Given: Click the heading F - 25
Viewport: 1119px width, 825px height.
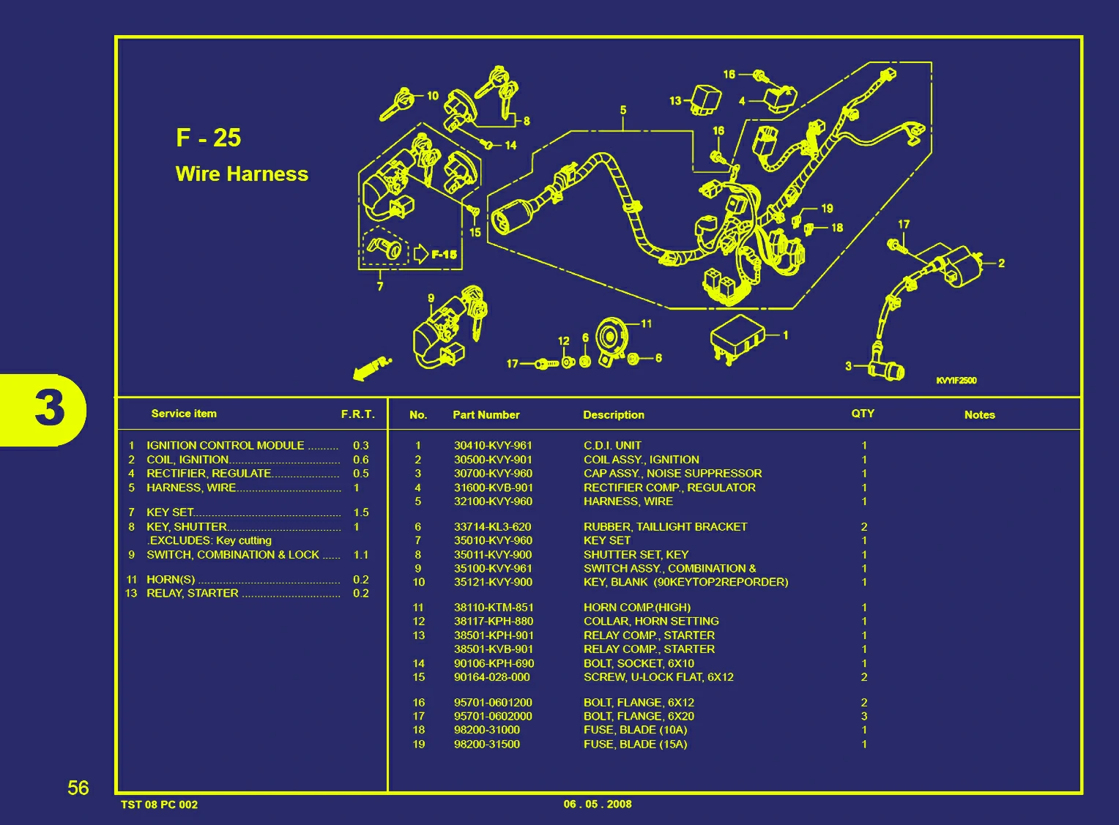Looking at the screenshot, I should point(208,138).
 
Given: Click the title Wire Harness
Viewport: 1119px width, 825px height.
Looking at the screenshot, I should point(242,174).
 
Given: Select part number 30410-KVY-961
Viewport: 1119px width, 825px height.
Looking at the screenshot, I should point(493,445).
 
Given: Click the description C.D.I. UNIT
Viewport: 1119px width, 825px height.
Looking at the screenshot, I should point(612,445).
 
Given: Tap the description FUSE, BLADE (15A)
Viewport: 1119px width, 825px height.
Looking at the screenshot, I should point(635,744).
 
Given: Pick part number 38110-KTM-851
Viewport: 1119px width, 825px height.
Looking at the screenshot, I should point(494,607).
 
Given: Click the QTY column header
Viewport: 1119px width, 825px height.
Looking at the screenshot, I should point(863,414).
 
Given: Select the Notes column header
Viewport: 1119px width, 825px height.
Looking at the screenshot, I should point(979,414).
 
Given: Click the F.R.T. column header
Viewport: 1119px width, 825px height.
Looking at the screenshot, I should point(357,414).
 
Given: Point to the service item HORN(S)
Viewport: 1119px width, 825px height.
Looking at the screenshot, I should point(171,579).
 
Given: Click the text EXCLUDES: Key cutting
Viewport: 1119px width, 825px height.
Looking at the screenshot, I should point(210,540).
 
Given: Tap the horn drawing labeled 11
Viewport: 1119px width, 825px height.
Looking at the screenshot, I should point(612,339).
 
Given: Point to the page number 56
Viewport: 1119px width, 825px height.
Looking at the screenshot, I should point(78,788).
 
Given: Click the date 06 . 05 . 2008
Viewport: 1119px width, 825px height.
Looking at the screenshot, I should point(598,804).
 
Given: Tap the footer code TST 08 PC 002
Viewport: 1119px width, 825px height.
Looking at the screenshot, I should point(159,805).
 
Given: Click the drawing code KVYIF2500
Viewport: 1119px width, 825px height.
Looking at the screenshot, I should point(956,381).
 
